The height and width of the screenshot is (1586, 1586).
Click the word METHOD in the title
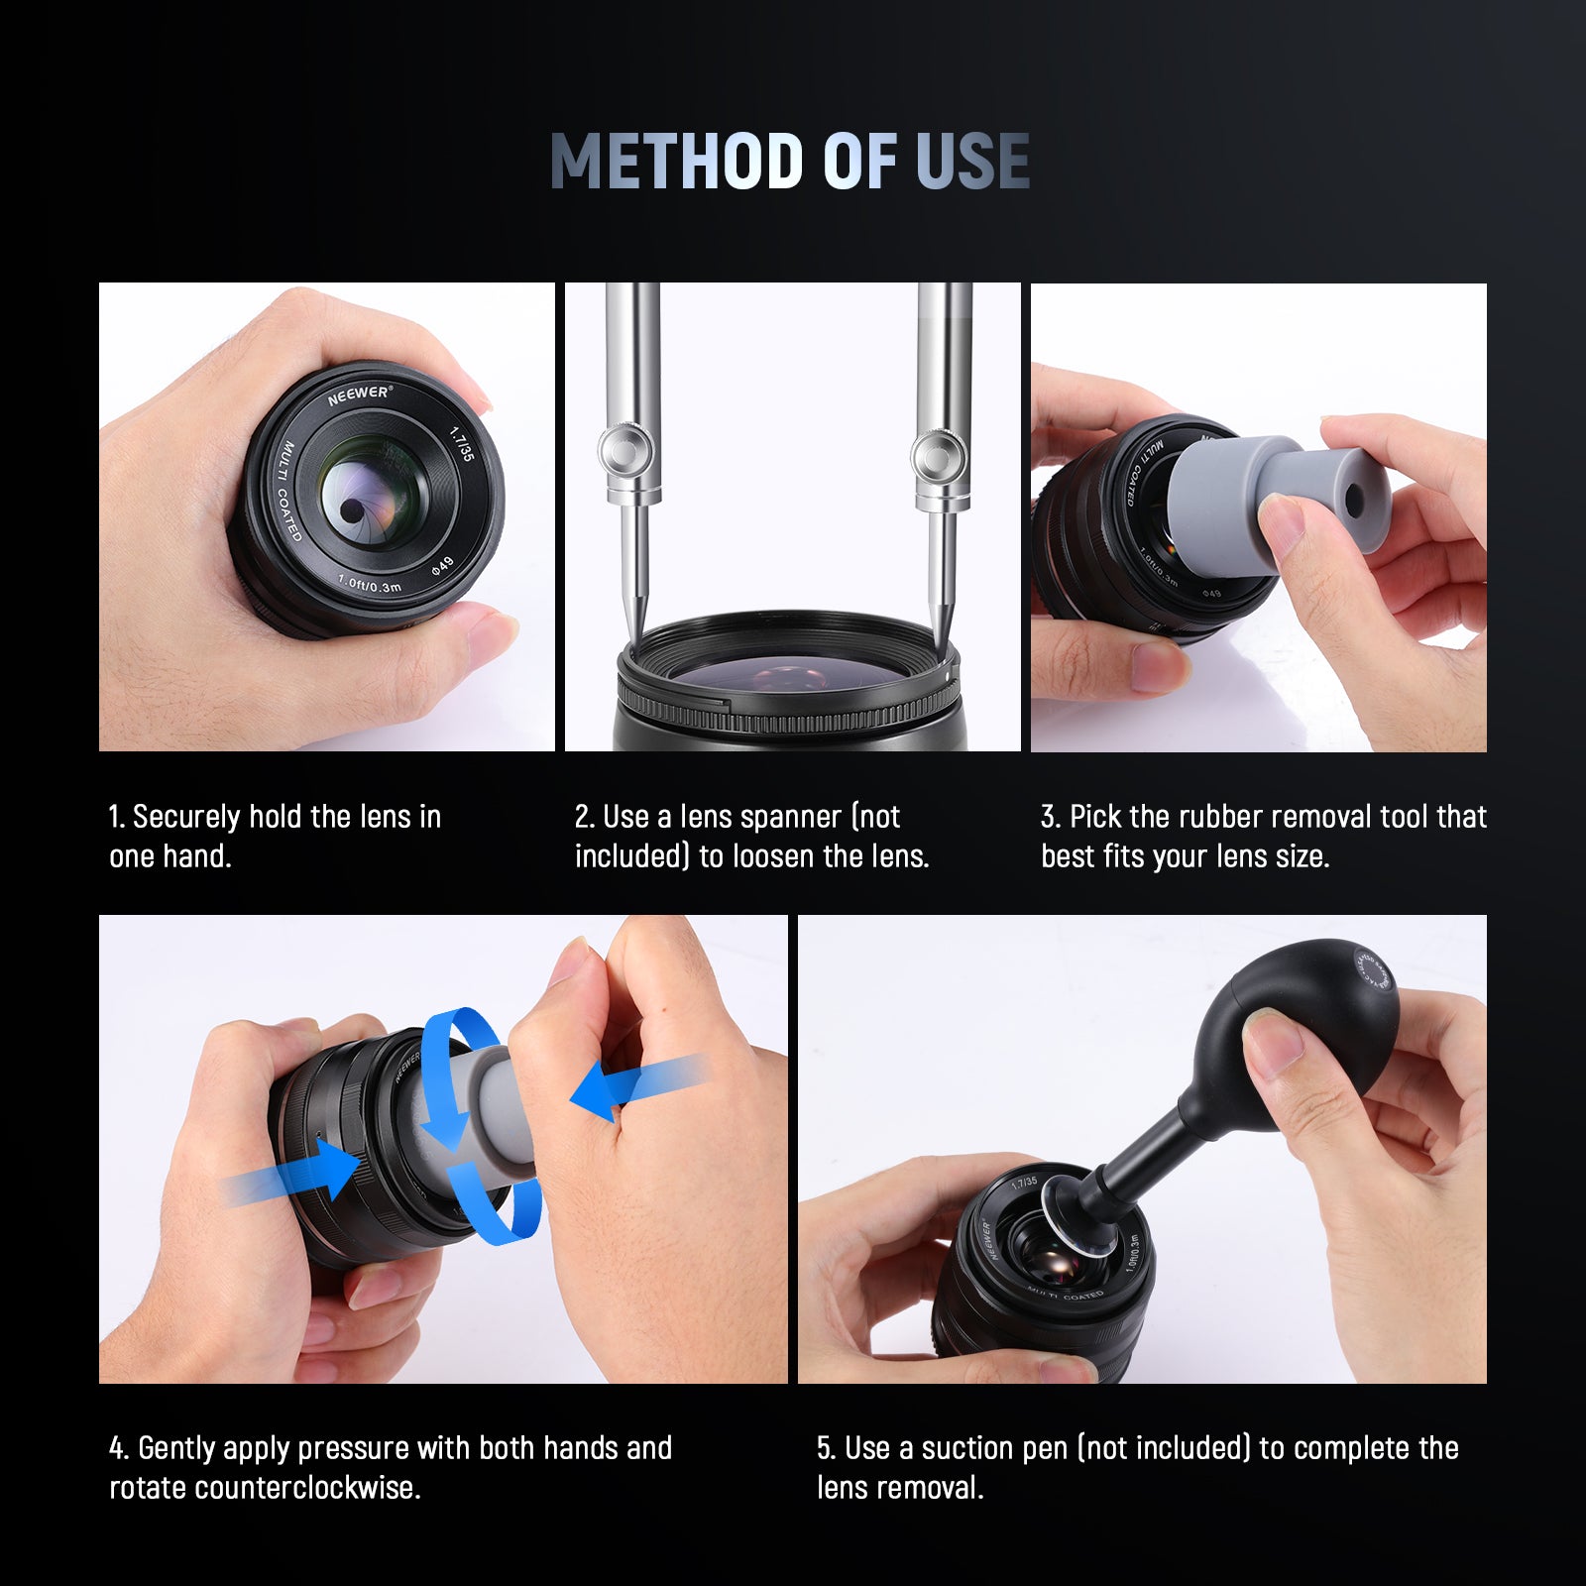pyautogui.click(x=674, y=161)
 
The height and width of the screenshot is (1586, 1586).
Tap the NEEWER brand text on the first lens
pyautogui.click(x=359, y=396)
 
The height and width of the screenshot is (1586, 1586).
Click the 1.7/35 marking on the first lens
pyautogui.click(x=462, y=443)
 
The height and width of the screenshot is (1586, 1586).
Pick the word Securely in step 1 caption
pyautogui.click(x=186, y=817)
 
